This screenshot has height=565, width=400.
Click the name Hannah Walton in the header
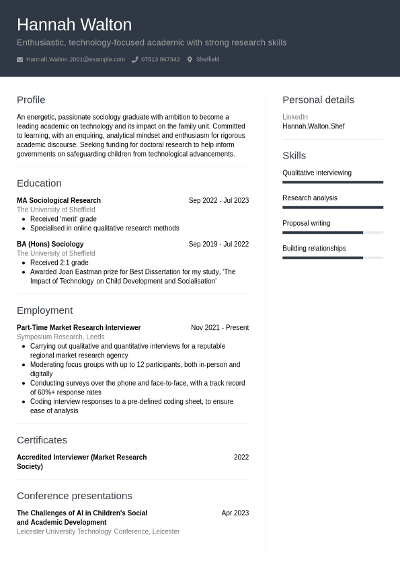click(74, 25)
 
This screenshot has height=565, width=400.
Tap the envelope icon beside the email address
click(19, 60)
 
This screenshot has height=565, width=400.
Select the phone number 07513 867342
click(160, 60)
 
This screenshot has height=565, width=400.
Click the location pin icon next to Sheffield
click(190, 60)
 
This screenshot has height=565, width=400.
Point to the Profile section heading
click(31, 99)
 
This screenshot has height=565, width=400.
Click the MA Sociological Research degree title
click(58, 200)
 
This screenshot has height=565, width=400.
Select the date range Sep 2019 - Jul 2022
click(218, 244)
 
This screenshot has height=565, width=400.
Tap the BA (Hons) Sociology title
click(50, 244)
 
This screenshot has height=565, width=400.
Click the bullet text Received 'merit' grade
click(63, 219)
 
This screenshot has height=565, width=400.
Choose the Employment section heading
click(44, 310)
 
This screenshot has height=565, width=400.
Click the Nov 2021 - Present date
click(219, 328)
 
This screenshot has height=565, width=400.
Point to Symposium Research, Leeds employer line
click(61, 337)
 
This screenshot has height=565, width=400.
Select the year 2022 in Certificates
click(241, 457)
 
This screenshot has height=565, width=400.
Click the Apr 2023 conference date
click(235, 513)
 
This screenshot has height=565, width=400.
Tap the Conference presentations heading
click(74, 496)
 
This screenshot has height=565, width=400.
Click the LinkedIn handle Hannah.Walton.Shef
click(313, 126)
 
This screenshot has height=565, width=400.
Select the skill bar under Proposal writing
click(332, 232)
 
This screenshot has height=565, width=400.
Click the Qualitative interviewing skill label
click(317, 173)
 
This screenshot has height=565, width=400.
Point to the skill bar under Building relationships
click(332, 257)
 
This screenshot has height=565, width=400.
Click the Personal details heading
click(318, 99)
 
